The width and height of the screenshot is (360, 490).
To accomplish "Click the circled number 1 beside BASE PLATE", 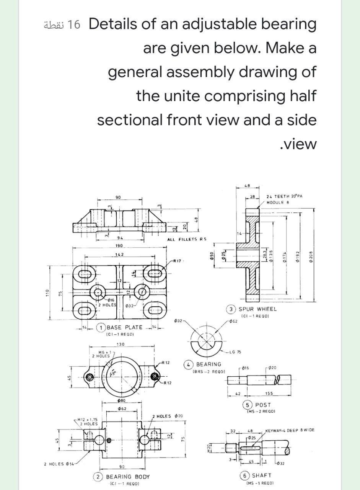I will (101, 327).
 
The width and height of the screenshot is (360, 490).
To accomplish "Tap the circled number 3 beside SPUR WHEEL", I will (232, 309).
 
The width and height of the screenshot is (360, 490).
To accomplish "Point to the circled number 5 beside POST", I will (248, 405).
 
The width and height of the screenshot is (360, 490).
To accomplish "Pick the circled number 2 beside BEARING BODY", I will (98, 477).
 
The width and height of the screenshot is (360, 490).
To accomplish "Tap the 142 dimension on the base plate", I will (119, 254).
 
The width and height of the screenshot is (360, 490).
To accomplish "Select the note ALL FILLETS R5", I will (187, 239).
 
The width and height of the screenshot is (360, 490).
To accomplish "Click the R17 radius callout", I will (177, 261).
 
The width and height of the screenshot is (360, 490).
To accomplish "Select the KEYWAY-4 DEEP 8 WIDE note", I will (290, 430).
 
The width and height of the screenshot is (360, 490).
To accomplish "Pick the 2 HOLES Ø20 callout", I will (168, 416).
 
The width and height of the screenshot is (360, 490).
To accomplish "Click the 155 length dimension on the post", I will (269, 393).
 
